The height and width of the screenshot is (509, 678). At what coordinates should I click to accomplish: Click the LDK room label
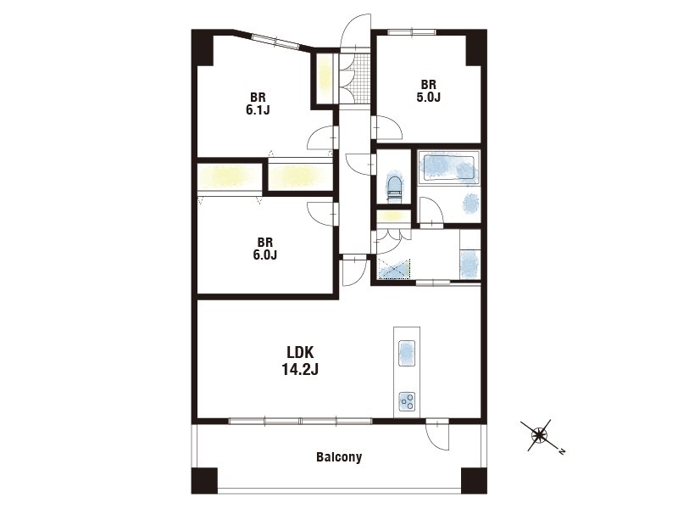point(300,352)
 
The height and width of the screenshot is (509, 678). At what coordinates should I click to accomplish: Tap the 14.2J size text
point(300,369)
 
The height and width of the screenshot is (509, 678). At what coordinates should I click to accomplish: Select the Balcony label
point(339,457)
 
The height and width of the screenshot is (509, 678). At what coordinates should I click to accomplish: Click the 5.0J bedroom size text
point(429,97)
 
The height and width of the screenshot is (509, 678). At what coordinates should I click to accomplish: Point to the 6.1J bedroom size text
point(258,110)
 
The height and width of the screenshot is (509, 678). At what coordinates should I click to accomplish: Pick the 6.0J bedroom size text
point(264,255)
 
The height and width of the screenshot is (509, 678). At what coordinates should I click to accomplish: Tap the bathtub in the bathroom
point(449,167)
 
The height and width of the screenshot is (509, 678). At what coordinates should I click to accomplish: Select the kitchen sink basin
point(406,354)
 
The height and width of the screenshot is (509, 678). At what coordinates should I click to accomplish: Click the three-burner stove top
point(407,401)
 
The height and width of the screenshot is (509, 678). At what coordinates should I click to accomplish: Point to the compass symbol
point(539,435)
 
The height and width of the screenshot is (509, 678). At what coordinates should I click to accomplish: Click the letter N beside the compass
point(562,451)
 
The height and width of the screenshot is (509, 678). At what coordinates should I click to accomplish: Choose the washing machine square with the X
point(394,270)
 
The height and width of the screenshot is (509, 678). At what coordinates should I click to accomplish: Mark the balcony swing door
point(437,435)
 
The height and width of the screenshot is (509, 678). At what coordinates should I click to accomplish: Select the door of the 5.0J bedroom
point(386,128)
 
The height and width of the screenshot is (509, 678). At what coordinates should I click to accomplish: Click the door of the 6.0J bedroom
point(323,214)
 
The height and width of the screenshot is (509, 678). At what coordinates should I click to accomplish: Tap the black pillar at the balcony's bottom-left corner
point(204,480)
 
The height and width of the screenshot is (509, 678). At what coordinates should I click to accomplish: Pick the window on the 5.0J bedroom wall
point(412,31)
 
